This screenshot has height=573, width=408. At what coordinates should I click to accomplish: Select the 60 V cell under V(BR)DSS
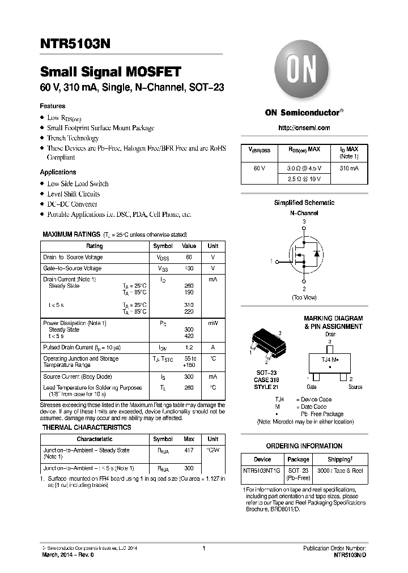point(259,168)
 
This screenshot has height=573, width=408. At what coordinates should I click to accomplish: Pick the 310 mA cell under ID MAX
point(349,168)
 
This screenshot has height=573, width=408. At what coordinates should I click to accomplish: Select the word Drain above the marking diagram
point(330,334)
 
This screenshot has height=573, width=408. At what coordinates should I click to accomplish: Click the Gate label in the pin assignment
point(312,387)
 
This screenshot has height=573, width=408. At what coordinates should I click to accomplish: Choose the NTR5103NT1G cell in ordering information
point(262,471)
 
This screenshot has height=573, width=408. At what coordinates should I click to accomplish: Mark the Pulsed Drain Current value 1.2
point(189,347)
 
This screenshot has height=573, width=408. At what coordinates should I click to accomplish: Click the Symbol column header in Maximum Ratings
point(163,246)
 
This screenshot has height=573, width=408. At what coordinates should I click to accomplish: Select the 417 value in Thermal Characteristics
point(189,450)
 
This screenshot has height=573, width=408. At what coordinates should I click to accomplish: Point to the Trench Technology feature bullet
point(73,138)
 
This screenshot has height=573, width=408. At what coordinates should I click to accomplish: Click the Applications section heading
point(58,172)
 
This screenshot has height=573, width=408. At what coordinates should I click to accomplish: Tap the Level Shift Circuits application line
point(73,194)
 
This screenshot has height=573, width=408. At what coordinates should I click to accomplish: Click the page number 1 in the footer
point(203,548)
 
